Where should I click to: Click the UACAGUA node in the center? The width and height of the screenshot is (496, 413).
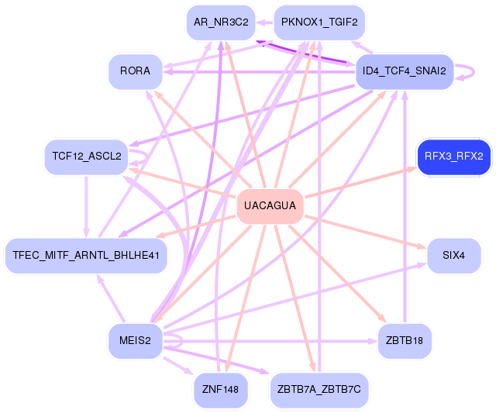[x=269, y=206]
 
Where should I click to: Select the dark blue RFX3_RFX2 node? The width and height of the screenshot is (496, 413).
[x=453, y=157]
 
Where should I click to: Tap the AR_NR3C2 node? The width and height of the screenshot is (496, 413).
[x=221, y=22]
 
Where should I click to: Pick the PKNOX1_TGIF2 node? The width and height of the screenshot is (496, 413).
[x=319, y=22]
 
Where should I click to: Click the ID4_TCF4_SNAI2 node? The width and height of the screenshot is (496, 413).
[x=404, y=72]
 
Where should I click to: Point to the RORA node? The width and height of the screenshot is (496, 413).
[x=135, y=72]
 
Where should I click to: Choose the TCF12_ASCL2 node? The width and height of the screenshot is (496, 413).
[x=86, y=157]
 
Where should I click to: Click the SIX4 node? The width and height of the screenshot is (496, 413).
[x=453, y=255]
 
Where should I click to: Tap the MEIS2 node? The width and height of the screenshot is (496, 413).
[x=135, y=339]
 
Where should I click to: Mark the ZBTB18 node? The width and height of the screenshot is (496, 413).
[x=404, y=339]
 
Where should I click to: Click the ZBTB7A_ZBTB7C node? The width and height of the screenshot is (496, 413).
[x=319, y=389]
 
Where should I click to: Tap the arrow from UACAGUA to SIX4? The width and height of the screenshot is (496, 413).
[x=364, y=231]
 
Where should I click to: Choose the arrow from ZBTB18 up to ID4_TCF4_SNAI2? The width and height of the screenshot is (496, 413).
[x=404, y=209]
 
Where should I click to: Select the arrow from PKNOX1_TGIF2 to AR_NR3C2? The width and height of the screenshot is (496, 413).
[x=264, y=22]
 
